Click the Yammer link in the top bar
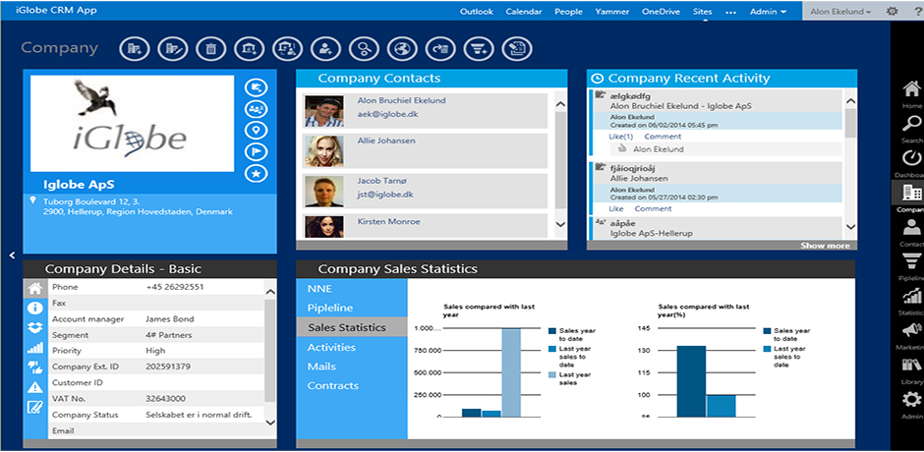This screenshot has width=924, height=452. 611,12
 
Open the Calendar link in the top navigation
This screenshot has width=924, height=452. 524,12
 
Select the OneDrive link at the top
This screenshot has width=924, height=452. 662,12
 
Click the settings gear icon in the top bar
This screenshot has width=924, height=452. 892,12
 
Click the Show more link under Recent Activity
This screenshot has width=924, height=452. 825,246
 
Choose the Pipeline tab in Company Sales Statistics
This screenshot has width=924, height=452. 330,309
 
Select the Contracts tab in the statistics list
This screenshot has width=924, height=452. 333,385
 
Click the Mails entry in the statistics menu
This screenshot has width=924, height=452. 321,367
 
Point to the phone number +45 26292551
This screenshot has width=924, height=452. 175,287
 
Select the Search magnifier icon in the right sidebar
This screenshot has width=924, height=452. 911,124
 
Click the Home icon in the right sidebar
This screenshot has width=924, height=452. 911,90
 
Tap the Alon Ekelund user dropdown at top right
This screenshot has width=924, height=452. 839,12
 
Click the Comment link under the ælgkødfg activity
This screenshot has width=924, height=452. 663,137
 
